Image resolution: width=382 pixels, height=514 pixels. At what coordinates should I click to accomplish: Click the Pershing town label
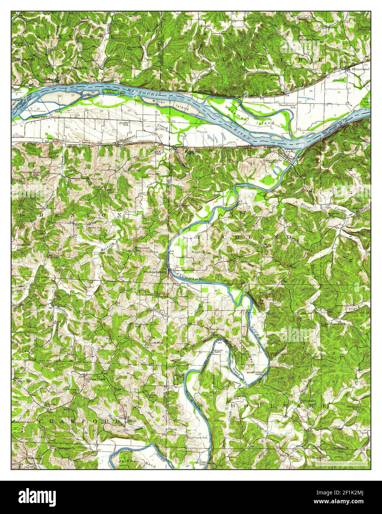click(x=217, y=328)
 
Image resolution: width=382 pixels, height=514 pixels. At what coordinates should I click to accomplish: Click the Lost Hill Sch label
click(x=240, y=397)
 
